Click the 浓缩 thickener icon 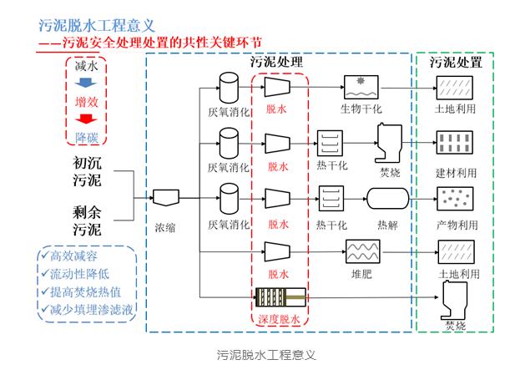pos(164,198)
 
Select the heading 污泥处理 pos(276,63)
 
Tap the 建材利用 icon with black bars pos(457,142)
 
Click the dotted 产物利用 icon pos(457,199)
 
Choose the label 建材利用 pos(457,173)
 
